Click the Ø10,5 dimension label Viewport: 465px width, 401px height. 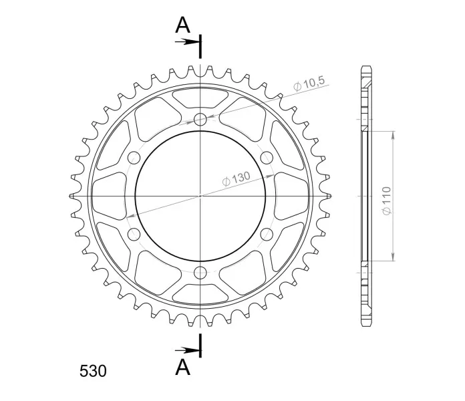[309, 84]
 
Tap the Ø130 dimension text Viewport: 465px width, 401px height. [237, 179]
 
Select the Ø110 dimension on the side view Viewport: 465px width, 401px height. [387, 200]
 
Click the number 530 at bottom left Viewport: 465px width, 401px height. [93, 371]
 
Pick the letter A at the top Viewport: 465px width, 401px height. [182, 25]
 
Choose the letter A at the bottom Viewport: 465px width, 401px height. [182, 367]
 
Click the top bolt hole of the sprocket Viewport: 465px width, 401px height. [200, 120]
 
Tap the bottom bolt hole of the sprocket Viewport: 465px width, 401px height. [200, 273]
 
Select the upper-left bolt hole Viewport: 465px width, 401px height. [134, 158]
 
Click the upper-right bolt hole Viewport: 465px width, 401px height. [267, 158]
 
